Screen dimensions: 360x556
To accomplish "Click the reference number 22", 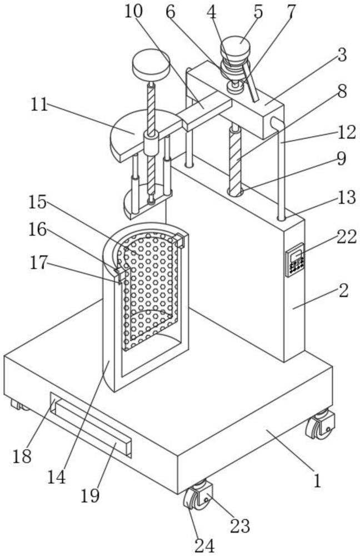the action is coord(346,237).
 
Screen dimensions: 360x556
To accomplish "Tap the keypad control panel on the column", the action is coord(295,260).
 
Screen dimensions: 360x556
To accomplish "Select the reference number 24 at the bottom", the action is coord(205,546).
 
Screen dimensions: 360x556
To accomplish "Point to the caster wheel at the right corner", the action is coord(321,424).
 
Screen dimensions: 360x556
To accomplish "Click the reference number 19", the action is coord(90,495).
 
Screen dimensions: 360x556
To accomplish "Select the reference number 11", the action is coord(39,105).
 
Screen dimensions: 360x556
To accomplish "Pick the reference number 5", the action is coord(258,12).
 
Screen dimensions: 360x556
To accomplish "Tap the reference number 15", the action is coord(38,202).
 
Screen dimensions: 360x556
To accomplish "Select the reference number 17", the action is coord(38,263).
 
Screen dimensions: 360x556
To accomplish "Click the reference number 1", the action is coord(317,481).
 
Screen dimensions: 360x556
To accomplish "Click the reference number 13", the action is coord(347,197).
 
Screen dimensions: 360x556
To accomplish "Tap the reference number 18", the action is coord(22,456).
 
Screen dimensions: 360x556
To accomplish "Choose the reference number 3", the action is coord(342,55).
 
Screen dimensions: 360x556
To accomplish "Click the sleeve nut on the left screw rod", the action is coord(151,143).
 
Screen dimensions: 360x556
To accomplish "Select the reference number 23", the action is coord(240,526).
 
